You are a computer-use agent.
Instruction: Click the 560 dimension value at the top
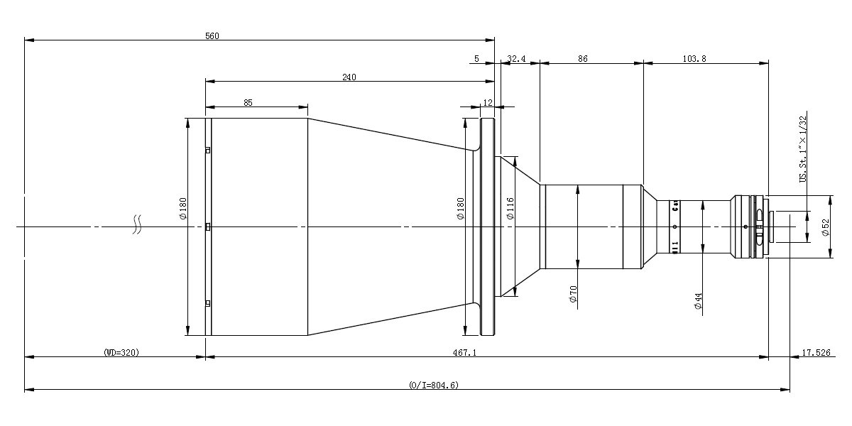(212, 35)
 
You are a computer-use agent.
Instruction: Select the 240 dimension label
(349, 77)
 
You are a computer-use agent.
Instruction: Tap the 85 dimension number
(248, 102)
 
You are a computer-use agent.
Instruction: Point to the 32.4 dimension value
(517, 60)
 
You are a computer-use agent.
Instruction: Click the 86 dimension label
(582, 60)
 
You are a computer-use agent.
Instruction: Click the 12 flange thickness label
(487, 102)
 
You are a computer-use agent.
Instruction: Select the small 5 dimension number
(476, 60)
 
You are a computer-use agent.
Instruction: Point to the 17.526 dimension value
(816, 352)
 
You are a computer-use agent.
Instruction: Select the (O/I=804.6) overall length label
(434, 385)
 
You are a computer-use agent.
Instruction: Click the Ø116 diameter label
(510, 209)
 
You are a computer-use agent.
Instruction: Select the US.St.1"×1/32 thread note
(803, 150)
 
